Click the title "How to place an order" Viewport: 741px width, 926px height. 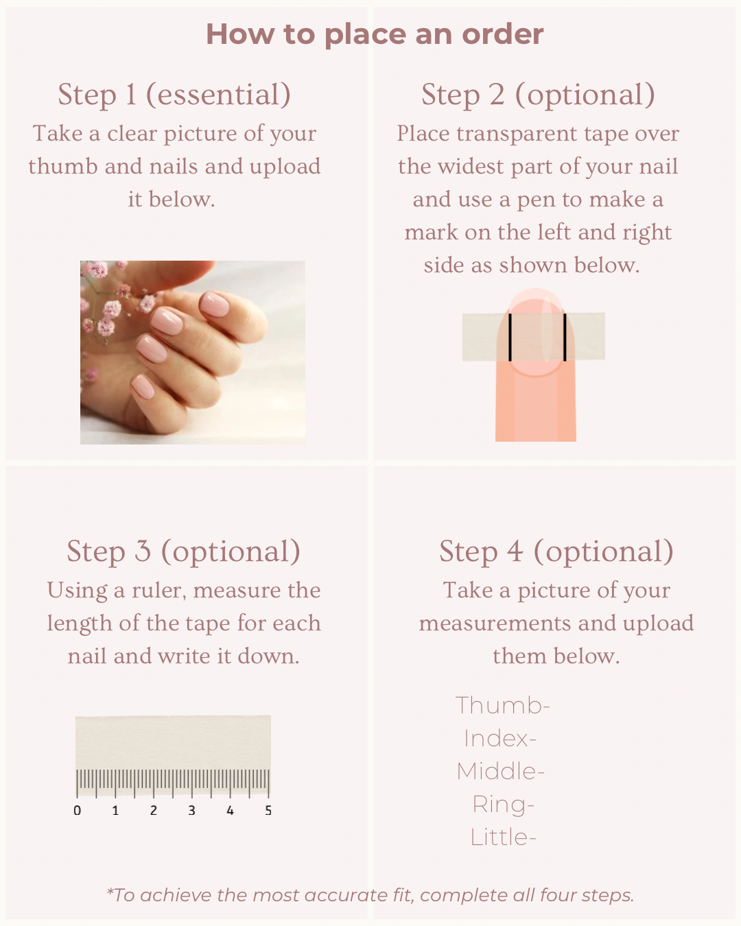coord(375,34)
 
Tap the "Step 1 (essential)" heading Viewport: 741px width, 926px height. coord(174,95)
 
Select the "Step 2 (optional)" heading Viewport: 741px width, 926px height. coord(538,95)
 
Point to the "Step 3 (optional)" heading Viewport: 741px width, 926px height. coord(183,551)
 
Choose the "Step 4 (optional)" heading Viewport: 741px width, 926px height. coord(556,551)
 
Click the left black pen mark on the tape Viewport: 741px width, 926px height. coord(510,337)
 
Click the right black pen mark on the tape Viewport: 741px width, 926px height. coord(565,337)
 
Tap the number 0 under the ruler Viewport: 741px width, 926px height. coord(77,811)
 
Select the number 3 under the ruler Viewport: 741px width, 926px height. coord(191,811)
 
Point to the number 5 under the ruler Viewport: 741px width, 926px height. coord(268,811)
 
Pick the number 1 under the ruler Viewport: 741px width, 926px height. coord(115,811)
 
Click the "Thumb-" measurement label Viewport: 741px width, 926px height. coord(503,706)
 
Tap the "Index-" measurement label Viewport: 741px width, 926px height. coord(500,739)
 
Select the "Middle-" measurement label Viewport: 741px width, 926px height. coord(501,772)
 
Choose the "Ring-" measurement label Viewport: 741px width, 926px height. coord(504,805)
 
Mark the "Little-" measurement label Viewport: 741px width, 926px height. coord(504,838)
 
